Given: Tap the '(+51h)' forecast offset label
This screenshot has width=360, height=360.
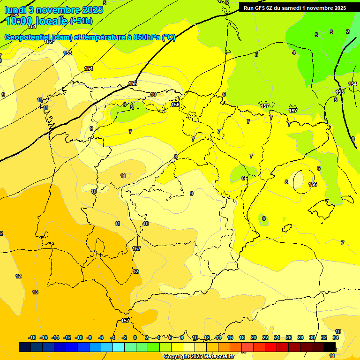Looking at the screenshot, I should point(81,21).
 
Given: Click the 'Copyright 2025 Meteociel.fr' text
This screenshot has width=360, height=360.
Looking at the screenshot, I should point(199,356).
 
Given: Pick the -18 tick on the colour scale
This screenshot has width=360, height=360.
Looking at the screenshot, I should point(32,337).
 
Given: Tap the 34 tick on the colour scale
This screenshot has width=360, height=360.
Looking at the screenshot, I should point(336,337).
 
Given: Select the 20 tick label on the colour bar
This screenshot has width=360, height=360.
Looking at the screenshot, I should point(254,337).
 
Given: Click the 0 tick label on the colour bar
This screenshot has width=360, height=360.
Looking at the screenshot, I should point(135,337).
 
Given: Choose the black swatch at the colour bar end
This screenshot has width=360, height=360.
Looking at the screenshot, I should point(330,347).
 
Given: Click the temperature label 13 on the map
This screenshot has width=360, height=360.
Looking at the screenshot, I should point(35,292).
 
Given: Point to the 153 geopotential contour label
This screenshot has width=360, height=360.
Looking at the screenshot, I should point(67,53).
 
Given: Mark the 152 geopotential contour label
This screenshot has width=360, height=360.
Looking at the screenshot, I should point(48,42).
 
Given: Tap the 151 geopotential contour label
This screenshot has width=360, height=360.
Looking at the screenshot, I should point(32,27).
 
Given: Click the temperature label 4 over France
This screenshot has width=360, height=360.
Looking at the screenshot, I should point(294,52).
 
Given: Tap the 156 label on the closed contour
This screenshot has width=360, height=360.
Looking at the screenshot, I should point(313,184).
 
